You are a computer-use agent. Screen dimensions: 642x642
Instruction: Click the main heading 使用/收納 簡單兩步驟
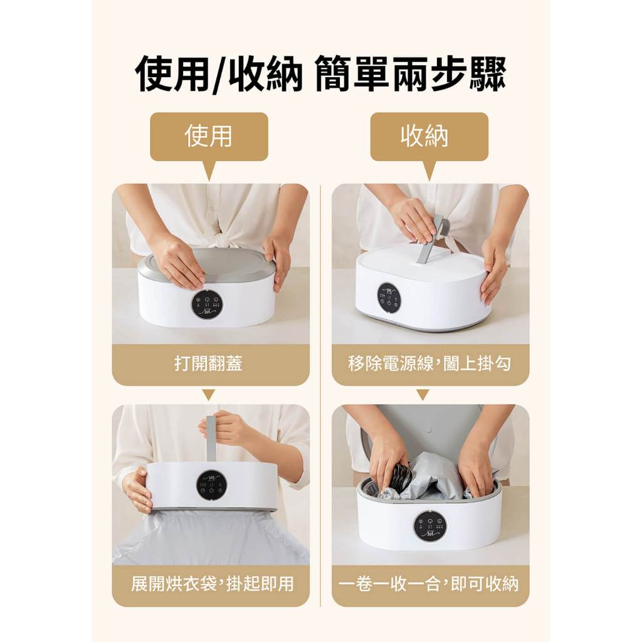320,75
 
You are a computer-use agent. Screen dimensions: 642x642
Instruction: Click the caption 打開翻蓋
209,363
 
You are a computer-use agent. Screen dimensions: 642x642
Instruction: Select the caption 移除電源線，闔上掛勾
429,363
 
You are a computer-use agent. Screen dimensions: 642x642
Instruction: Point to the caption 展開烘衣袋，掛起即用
213,584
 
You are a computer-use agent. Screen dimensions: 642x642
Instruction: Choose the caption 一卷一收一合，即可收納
429,584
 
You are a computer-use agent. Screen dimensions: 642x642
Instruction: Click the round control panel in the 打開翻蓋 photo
207,304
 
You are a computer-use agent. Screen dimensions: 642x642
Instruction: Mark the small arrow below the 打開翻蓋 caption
209,395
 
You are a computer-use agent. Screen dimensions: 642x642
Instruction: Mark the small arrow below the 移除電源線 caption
423,395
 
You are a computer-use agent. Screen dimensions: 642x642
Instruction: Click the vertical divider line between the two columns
320,396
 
